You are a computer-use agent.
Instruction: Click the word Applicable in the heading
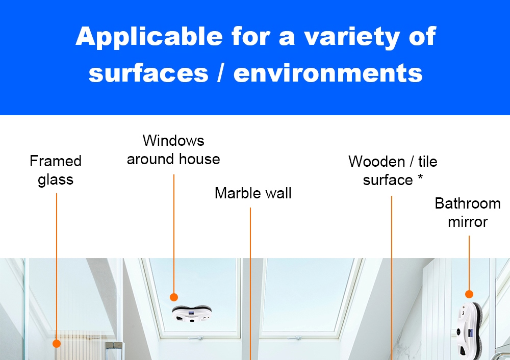tap(148, 37)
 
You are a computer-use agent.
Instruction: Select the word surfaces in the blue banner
tap(148, 73)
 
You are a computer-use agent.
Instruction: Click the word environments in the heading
tap(328, 73)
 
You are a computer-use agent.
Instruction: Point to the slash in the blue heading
tap(220, 73)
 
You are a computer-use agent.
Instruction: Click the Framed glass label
tap(56, 170)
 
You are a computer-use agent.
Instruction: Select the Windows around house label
tap(173, 149)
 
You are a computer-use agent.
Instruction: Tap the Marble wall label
tap(253, 193)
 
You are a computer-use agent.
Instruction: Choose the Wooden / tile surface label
tap(393, 171)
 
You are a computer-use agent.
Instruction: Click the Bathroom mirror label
tap(467, 213)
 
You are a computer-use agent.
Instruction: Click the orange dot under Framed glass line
tap(57, 344)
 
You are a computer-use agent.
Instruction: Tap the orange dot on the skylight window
tap(174, 297)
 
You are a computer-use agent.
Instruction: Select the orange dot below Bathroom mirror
tap(469, 294)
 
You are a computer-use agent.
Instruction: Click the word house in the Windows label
tap(199, 159)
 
